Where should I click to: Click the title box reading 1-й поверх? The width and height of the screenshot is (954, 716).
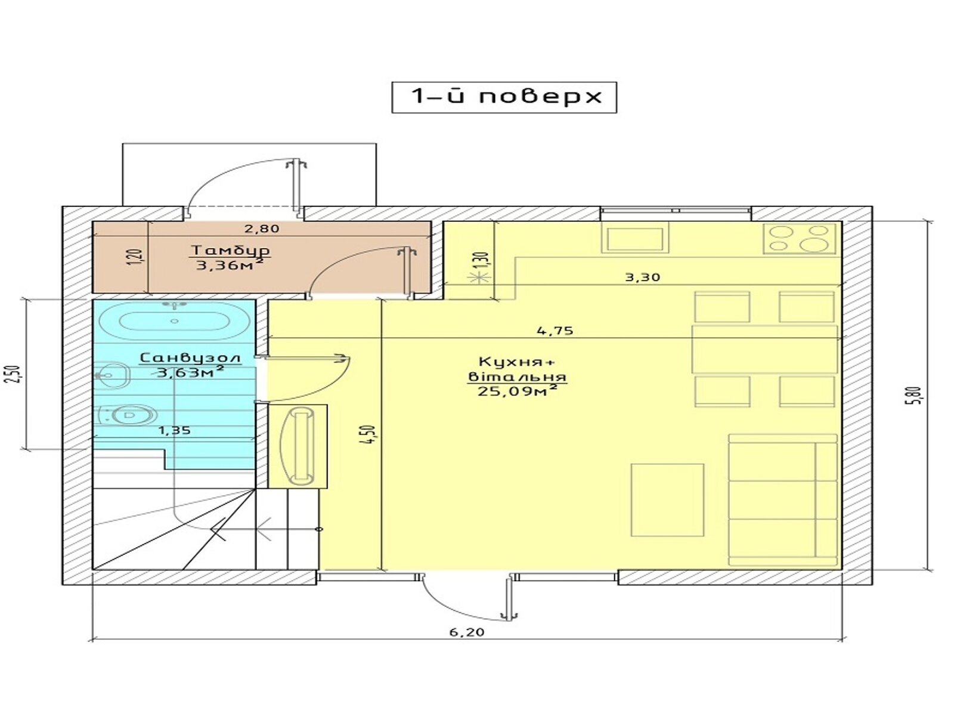click(504, 97)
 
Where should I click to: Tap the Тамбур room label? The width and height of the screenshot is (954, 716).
click(230, 251)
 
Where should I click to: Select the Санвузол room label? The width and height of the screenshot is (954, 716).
click(190, 358)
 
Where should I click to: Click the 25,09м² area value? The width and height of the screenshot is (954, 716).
click(517, 391)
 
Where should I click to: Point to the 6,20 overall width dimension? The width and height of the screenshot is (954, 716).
click(467, 632)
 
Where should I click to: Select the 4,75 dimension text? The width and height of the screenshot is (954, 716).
click(556, 331)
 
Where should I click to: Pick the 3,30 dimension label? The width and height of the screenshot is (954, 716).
click(642, 277)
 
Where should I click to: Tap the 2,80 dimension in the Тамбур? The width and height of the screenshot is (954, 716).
click(261, 229)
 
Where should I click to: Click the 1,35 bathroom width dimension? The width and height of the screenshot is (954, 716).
click(174, 430)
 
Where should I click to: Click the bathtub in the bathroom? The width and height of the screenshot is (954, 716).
click(174, 321)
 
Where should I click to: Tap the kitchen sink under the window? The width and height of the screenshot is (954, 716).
click(634, 237)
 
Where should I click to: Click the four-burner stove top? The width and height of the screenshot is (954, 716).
click(800, 238)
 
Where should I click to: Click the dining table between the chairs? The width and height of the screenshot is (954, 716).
click(764, 348)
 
